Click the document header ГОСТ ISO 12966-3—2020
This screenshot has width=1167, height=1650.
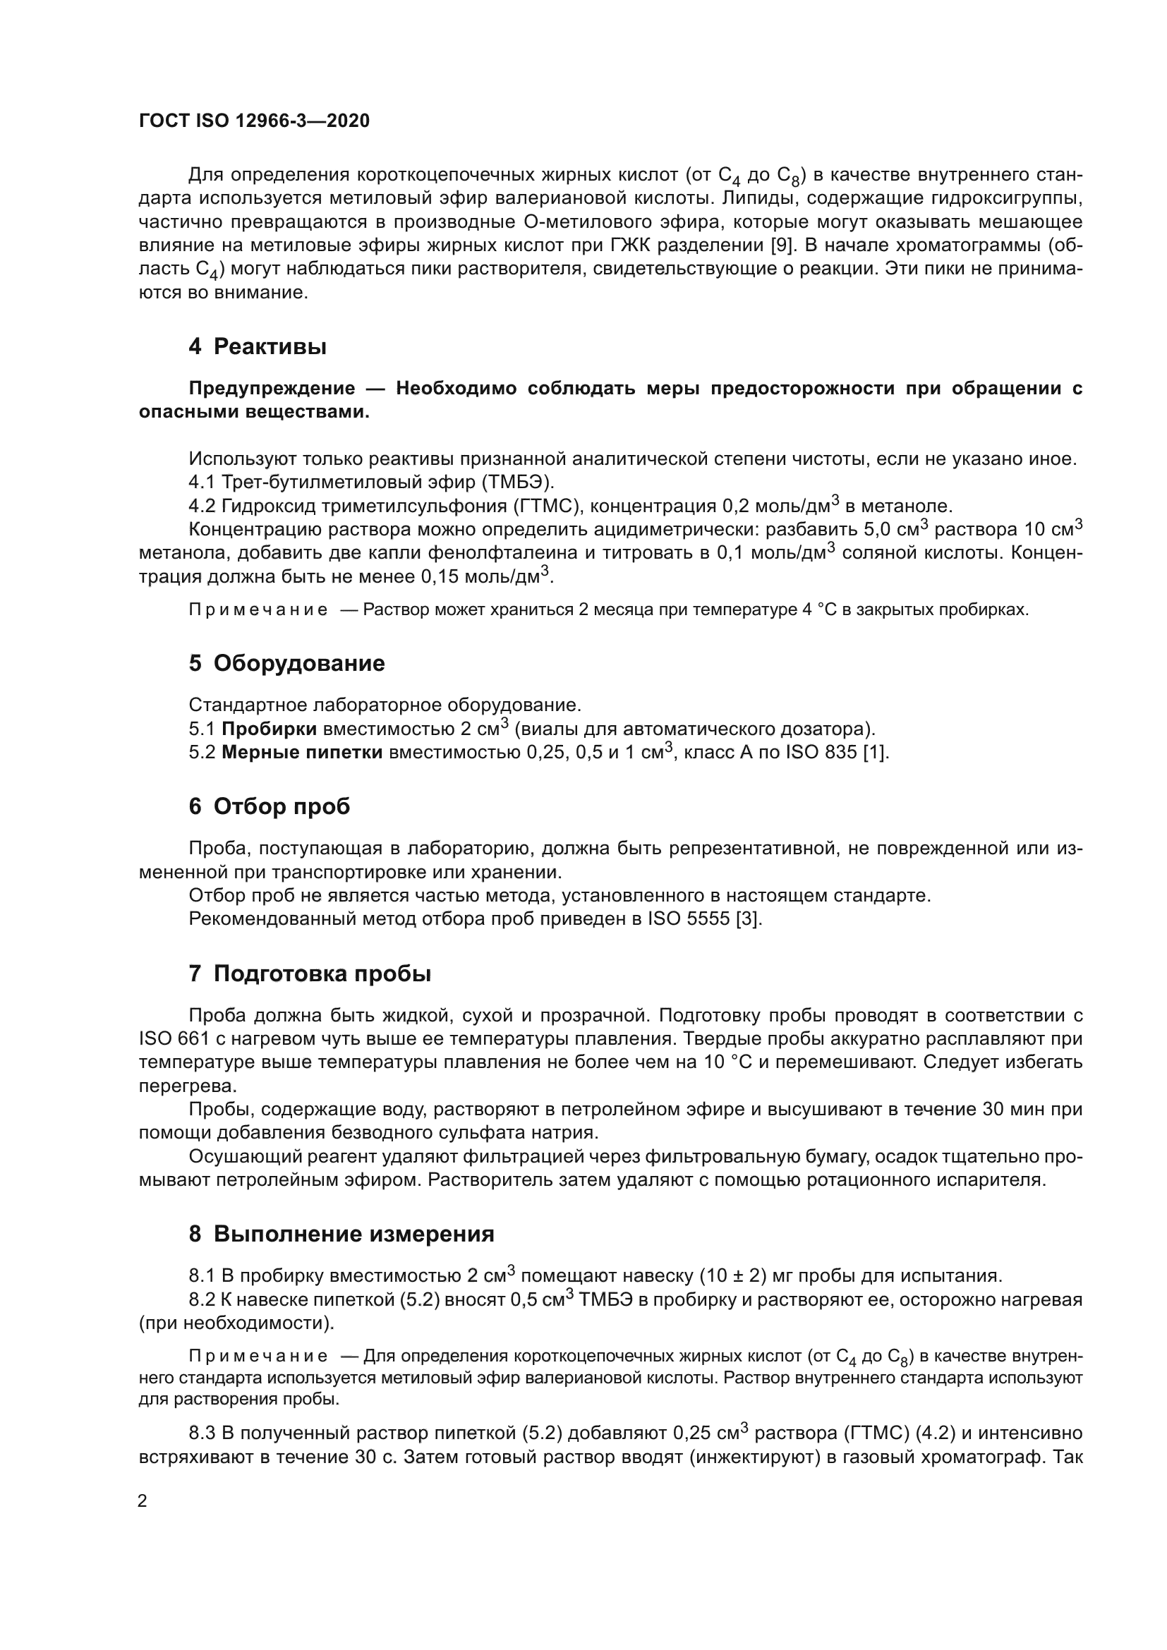click(254, 121)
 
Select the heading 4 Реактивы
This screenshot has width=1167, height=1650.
click(258, 347)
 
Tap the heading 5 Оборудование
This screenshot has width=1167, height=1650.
click(286, 663)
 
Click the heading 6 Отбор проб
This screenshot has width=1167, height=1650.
click(270, 807)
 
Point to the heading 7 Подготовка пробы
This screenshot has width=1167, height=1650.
click(310, 974)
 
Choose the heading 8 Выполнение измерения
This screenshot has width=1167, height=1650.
click(341, 1235)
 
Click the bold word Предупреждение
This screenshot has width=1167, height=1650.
click(272, 389)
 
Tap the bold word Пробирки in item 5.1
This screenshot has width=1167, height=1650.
click(269, 729)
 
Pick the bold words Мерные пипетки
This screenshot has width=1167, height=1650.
click(302, 753)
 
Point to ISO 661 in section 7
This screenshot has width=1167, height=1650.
click(168, 1039)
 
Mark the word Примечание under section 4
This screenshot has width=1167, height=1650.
click(258, 610)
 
